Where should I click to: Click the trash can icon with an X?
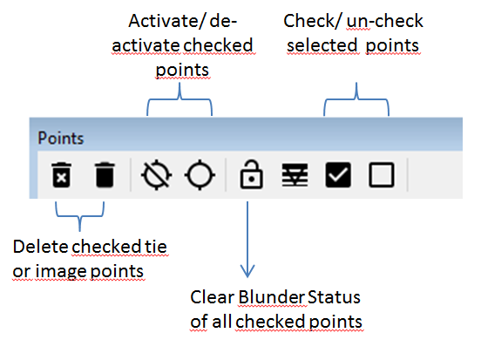tap(61, 174)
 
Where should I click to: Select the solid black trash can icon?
tap(105, 174)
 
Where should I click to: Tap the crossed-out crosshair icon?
tap(157, 175)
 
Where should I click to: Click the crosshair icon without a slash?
tap(200, 175)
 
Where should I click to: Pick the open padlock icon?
tap(251, 174)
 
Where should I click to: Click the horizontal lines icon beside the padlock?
tap(295, 175)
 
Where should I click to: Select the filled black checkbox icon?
tap(338, 174)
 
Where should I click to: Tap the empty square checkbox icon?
tap(382, 174)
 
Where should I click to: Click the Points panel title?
tap(61, 138)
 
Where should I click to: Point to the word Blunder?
tap(272, 297)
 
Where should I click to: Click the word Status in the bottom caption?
tap(334, 297)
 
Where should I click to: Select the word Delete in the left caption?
tap(40, 247)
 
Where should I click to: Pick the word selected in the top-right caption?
tap(322, 45)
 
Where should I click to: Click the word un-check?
tap(385, 21)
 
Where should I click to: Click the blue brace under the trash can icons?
tap(80, 216)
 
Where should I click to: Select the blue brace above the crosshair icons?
tap(180, 98)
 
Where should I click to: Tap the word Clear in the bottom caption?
tap(213, 297)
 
